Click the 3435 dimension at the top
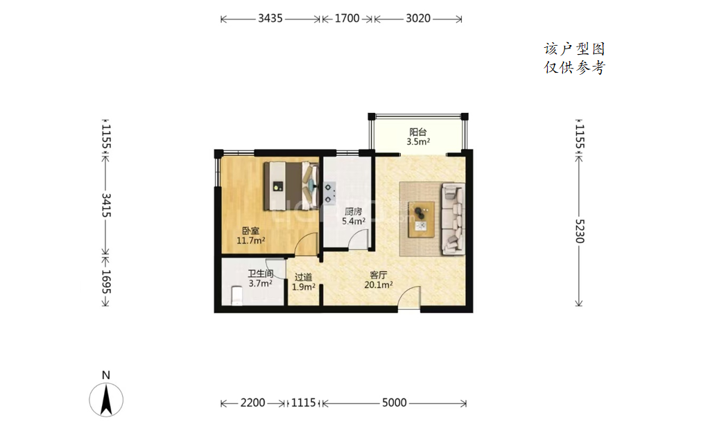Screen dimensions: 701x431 (x=270, y=18)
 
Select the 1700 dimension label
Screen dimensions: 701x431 (x=347, y=18)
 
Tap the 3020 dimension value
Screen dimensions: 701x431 (x=418, y=18)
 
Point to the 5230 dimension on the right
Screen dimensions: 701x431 (x=580, y=231)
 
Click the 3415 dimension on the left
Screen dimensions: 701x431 (x=106, y=205)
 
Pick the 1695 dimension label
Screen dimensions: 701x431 (x=106, y=282)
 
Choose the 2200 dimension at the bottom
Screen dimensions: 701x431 (x=252, y=403)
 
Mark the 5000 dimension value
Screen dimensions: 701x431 (x=395, y=403)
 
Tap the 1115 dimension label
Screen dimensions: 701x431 (x=304, y=403)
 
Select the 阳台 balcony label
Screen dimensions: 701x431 (x=418, y=132)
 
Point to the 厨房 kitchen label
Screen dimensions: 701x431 (x=353, y=212)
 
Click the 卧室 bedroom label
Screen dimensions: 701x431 (x=250, y=231)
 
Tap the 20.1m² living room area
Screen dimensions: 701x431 (x=379, y=285)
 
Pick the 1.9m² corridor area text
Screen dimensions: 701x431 (x=304, y=287)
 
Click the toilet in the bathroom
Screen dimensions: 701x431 (x=236, y=296)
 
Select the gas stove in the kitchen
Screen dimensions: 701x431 (x=329, y=193)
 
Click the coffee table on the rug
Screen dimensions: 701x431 (x=422, y=219)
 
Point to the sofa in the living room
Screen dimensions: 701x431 (x=453, y=219)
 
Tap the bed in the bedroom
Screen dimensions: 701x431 (x=291, y=186)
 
